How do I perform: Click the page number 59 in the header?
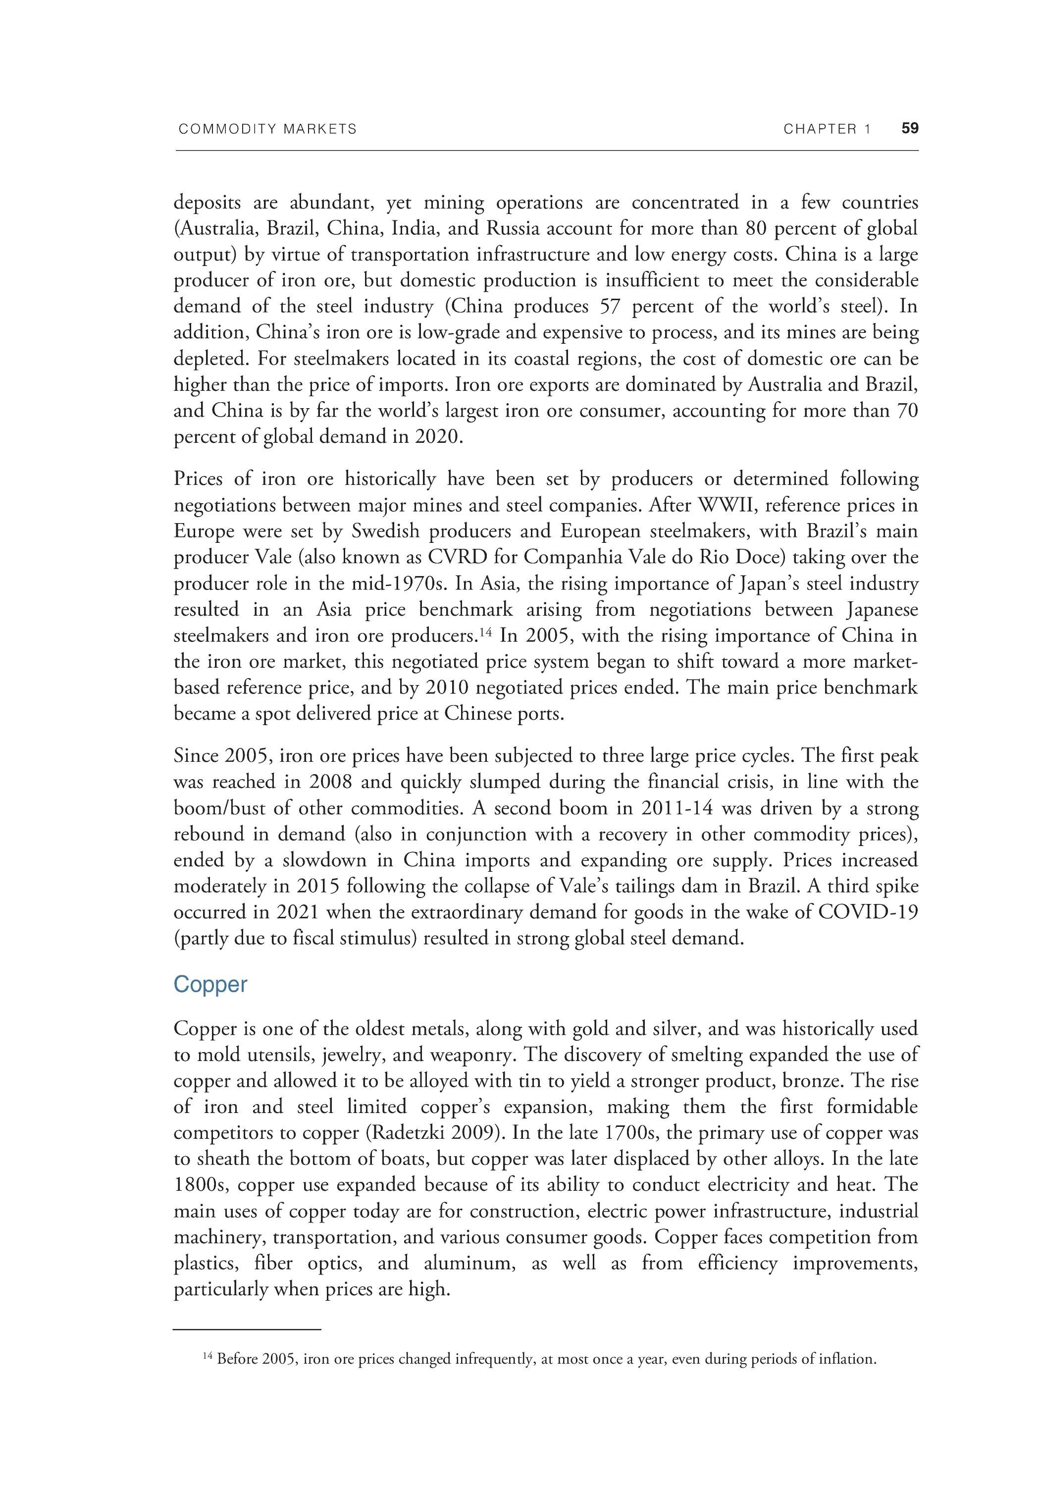[909, 129]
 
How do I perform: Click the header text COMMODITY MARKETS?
[267, 129]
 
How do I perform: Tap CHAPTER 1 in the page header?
[827, 129]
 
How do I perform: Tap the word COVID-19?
[868, 912]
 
